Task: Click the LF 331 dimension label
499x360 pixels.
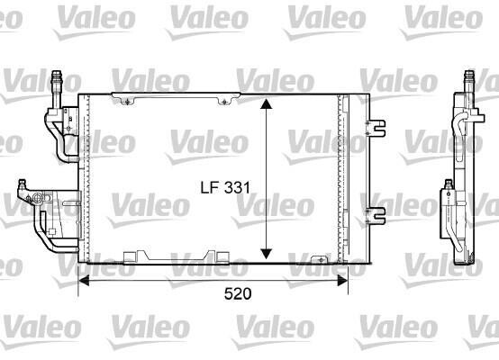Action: coord(225,187)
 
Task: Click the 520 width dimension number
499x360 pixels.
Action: coord(238,293)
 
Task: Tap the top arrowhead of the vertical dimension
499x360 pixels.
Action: coord(266,103)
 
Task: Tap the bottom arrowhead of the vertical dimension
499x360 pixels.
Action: coord(266,254)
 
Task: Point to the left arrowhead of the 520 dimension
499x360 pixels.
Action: coord(84,281)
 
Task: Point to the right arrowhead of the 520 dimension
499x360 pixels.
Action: coord(342,281)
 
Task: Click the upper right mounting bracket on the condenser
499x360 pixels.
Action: coord(376,128)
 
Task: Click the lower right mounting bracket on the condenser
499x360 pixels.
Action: coord(376,216)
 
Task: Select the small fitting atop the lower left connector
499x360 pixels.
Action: coord(22,184)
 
